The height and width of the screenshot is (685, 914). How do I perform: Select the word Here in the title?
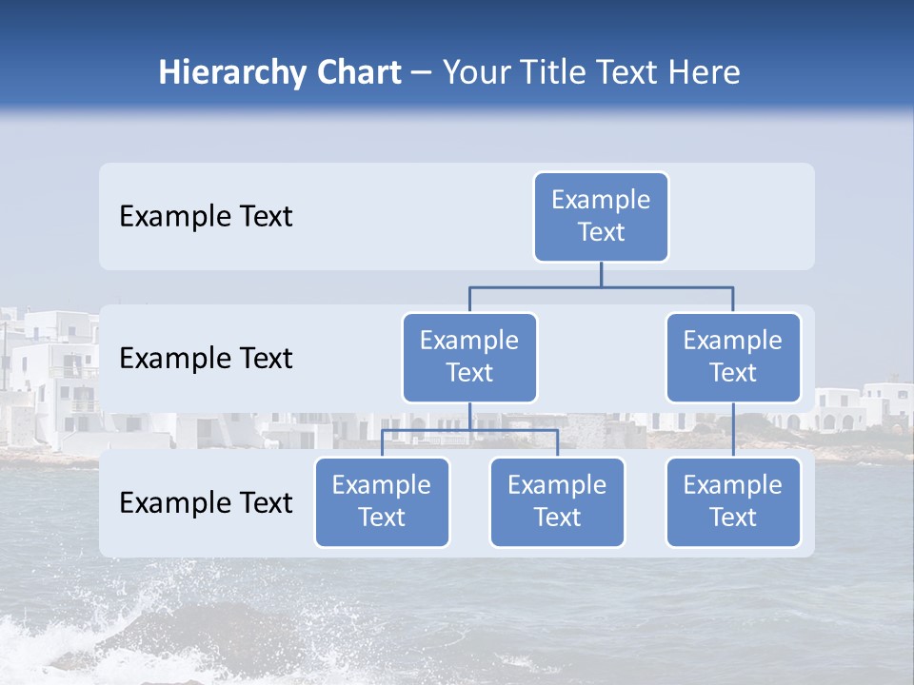(704, 73)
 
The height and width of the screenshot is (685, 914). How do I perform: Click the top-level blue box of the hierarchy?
(601, 217)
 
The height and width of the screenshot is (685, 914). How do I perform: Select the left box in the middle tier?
(469, 358)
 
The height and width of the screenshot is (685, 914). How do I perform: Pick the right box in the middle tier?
(733, 358)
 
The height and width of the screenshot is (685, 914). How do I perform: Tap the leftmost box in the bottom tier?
(382, 502)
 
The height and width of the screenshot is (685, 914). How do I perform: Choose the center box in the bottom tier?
(557, 502)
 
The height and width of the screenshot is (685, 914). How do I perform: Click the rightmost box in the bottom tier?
(733, 502)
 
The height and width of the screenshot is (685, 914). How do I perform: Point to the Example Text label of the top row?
(206, 217)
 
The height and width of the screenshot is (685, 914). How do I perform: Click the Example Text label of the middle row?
(206, 359)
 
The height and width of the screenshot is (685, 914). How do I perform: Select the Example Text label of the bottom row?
(206, 502)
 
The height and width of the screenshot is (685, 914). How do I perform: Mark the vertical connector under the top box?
(601, 274)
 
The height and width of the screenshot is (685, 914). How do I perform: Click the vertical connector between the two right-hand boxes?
(733, 430)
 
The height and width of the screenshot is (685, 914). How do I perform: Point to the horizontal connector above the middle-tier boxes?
(601, 286)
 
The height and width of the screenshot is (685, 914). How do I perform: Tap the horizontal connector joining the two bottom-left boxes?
(469, 431)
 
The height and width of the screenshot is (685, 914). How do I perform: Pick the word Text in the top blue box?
(601, 232)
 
